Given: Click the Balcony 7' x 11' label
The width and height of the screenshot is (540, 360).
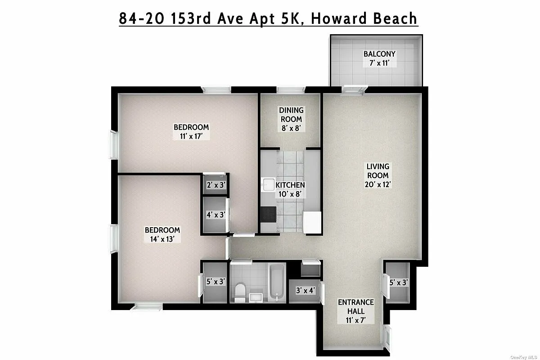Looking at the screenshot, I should coord(380,58).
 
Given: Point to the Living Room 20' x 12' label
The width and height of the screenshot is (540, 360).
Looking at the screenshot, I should coord(378,175).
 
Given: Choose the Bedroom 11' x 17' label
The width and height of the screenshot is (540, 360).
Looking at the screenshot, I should coord(191,131).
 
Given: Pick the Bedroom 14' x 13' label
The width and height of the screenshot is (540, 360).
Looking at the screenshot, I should coord(162,234).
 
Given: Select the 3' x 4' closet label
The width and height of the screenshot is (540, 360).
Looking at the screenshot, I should coord(305,290).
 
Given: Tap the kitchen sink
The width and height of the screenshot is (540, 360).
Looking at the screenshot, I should coord(269,185).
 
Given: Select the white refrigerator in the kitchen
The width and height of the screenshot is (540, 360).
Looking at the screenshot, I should coord(311,222).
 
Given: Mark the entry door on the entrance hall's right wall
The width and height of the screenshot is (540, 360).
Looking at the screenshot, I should coord(388,336).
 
